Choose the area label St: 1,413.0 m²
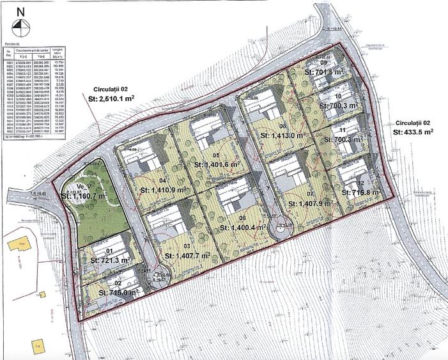click(282, 136)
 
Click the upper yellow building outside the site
click(17, 247)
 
